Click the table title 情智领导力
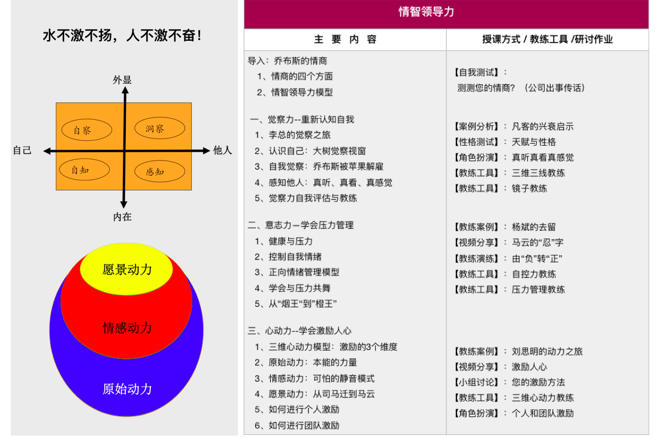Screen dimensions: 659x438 click(x=426, y=12)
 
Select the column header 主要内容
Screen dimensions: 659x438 click(x=345, y=40)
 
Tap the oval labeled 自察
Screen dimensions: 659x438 click(x=87, y=130)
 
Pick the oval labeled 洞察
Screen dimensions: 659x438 click(x=160, y=128)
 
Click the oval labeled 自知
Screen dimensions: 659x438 click(x=84, y=170)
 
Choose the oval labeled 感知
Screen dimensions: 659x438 click(x=160, y=171)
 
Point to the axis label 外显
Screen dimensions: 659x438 click(x=122, y=80)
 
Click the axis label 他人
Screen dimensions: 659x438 click(x=222, y=150)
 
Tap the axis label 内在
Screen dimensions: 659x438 click(x=122, y=216)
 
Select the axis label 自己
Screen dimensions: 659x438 click(x=22, y=150)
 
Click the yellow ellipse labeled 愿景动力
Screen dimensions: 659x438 click(x=126, y=269)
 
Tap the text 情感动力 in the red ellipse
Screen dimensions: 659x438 click(x=127, y=328)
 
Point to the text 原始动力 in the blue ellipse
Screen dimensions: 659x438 click(x=127, y=389)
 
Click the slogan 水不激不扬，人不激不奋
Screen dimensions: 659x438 click(x=122, y=35)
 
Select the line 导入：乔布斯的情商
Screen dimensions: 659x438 click(x=287, y=61)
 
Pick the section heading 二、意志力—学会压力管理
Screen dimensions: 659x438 click(x=301, y=225)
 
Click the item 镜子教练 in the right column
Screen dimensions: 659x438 click(x=530, y=188)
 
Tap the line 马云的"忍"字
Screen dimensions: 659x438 click(x=537, y=243)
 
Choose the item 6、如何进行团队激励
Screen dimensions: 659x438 click(x=297, y=425)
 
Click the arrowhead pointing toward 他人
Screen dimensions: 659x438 click(x=206, y=150)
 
